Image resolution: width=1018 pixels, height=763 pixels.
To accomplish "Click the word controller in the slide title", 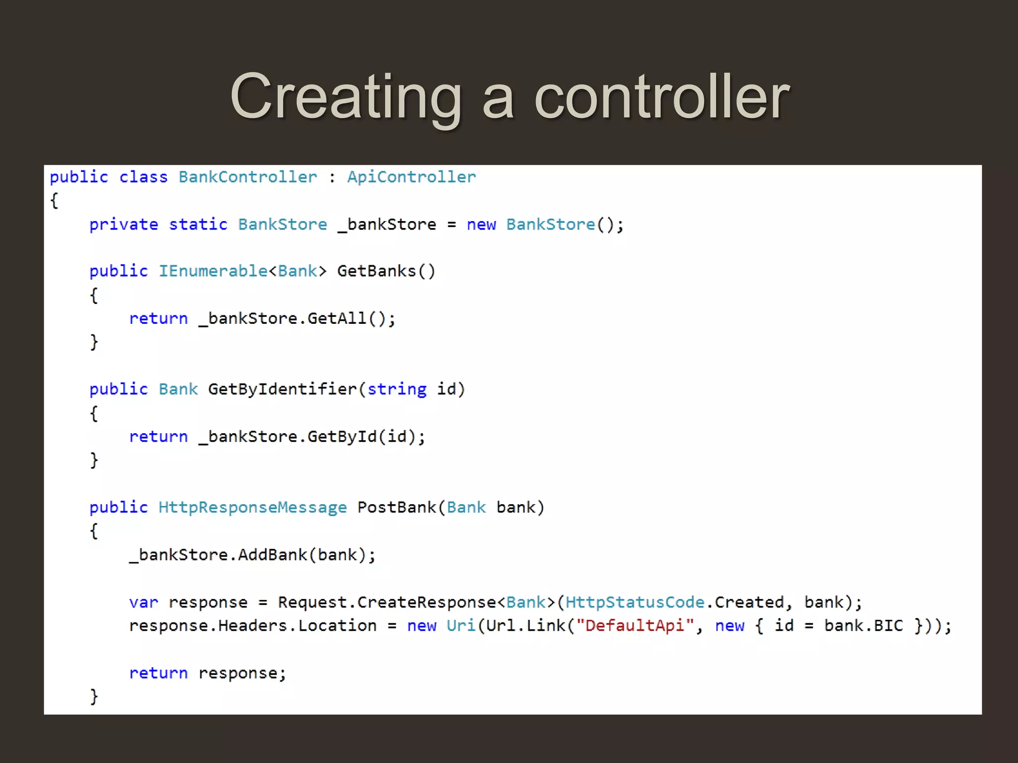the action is [662, 96].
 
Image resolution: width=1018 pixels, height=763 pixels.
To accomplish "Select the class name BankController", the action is [248, 177].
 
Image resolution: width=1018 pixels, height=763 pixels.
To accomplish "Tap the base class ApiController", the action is [412, 177].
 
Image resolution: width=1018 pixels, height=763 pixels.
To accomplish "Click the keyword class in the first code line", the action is [143, 177].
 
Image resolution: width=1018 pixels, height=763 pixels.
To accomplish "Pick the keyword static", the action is [198, 225].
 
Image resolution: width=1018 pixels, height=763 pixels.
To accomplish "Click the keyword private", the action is [124, 225].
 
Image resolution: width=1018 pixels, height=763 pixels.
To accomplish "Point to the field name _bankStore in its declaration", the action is [387, 225].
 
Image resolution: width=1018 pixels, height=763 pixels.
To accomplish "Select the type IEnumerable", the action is [213, 271].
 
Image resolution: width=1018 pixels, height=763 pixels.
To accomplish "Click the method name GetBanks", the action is [376, 271].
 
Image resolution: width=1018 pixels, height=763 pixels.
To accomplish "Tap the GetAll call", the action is [337, 318].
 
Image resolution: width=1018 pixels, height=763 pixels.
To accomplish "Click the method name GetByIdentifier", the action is [282, 389].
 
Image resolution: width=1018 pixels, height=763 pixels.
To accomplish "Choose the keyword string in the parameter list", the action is [397, 389].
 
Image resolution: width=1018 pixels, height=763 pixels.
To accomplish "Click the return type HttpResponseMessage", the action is [253, 507].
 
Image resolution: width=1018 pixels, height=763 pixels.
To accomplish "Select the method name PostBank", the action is [397, 507].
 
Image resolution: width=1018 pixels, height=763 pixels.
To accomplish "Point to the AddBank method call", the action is [272, 555].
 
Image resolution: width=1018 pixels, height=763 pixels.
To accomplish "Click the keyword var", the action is [143, 603].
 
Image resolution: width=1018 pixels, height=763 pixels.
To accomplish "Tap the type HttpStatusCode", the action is [635, 603].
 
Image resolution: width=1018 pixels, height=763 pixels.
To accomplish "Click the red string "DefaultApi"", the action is [635, 626].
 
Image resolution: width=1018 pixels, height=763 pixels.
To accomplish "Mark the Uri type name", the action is [461, 626].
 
